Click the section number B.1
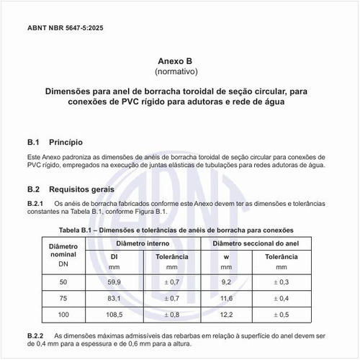[x=35, y=143]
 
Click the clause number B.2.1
[x=35, y=203]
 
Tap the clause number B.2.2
[x=35, y=337]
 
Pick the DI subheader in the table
[x=114, y=256]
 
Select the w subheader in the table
[x=226, y=256]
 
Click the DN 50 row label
[x=63, y=281]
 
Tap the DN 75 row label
[x=63, y=297]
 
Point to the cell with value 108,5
[x=114, y=315]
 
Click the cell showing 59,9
[x=114, y=281]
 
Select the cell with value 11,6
[x=226, y=297]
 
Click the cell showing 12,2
[x=226, y=315]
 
